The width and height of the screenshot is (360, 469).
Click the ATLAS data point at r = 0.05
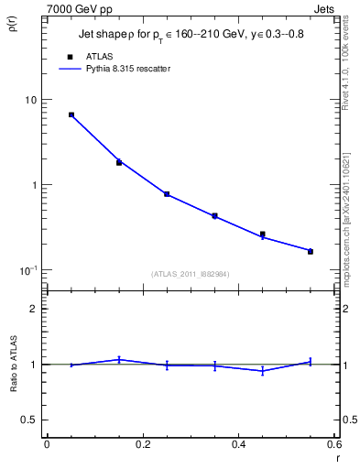(71, 115)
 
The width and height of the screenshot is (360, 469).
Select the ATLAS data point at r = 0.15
(119, 162)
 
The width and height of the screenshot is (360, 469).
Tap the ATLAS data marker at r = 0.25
(167, 194)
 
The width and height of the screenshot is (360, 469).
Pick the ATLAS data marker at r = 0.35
(214, 216)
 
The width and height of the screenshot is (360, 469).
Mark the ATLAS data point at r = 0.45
(263, 234)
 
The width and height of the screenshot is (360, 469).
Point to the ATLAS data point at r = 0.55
(311, 251)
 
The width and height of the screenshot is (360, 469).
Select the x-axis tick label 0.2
(142, 445)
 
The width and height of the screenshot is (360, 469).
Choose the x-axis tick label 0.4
(238, 445)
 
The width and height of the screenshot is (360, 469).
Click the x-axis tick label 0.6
(333, 445)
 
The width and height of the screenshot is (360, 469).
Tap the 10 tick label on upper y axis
(29, 99)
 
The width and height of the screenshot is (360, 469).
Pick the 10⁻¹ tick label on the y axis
(27, 270)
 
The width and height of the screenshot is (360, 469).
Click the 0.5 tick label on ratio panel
(28, 420)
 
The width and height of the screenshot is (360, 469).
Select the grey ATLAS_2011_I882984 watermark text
(190, 274)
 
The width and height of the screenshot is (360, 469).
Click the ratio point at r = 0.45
(263, 371)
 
